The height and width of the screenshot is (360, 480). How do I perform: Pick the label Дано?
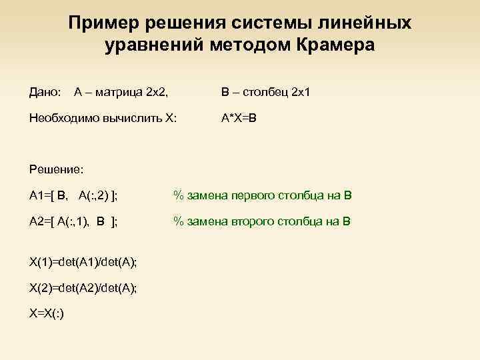point(45,89)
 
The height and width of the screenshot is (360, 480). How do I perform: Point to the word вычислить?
point(131,119)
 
